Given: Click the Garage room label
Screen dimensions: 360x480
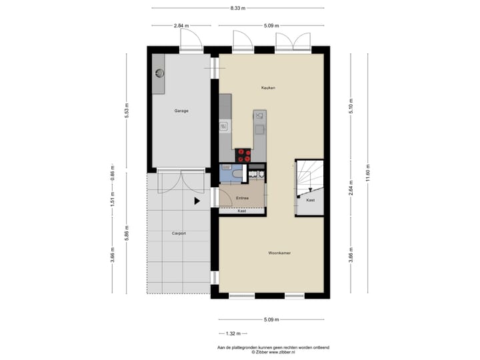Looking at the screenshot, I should (x=181, y=111).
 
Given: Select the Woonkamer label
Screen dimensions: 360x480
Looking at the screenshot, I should (x=279, y=253).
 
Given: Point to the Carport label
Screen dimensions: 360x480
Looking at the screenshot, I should (x=179, y=233).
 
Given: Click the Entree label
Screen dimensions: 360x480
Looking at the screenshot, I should (x=242, y=198).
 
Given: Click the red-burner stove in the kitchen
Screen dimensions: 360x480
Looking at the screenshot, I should (x=243, y=156).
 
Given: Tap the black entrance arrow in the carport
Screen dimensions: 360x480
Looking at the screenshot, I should (x=197, y=200).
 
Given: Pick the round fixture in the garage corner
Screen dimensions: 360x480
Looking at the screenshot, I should (x=160, y=73).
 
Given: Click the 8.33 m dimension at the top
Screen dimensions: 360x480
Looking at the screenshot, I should (x=238, y=8).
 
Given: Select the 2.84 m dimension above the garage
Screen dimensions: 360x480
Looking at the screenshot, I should (x=178, y=26).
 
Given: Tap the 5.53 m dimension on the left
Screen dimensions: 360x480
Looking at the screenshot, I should (x=127, y=111).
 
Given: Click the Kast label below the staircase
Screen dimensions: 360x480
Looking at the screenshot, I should (x=310, y=200).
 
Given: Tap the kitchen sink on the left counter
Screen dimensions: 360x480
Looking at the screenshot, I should (x=225, y=126).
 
